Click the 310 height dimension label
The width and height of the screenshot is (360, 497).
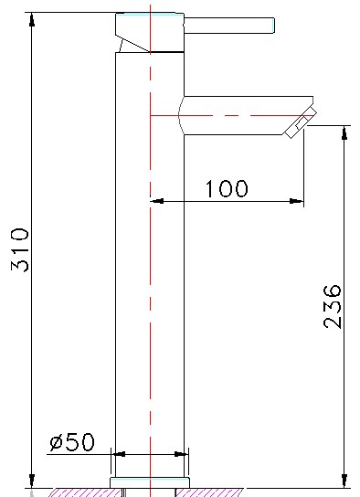click(20, 249)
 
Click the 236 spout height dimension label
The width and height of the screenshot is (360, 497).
click(333, 306)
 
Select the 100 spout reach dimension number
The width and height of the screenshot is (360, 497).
click(227, 188)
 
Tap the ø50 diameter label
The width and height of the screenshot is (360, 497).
click(72, 441)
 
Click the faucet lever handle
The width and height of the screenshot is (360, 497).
click(229, 26)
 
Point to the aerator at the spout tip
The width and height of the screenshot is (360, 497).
click(301, 122)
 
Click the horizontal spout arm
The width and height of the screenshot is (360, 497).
click(246, 115)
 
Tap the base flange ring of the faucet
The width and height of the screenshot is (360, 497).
click(150, 482)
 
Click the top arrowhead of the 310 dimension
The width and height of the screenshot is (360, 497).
click(32, 19)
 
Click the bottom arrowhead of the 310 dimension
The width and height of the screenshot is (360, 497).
click(32, 481)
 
